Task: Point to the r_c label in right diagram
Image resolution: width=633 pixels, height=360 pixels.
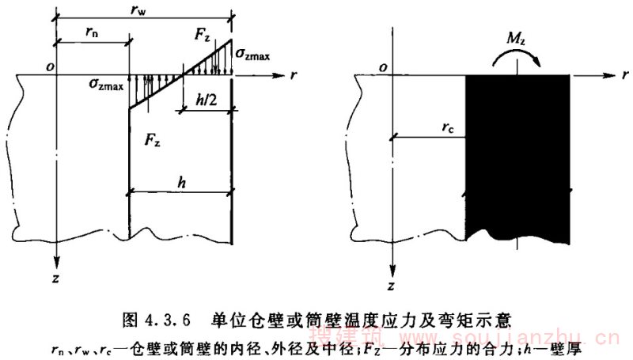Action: pyautogui.click(x=445, y=125)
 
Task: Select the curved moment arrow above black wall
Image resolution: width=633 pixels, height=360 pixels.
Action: pyautogui.click(x=516, y=57)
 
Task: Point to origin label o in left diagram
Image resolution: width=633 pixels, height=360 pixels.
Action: pyautogui.click(x=49, y=68)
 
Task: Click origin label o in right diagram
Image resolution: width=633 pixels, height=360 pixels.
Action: pyautogui.click(x=383, y=68)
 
